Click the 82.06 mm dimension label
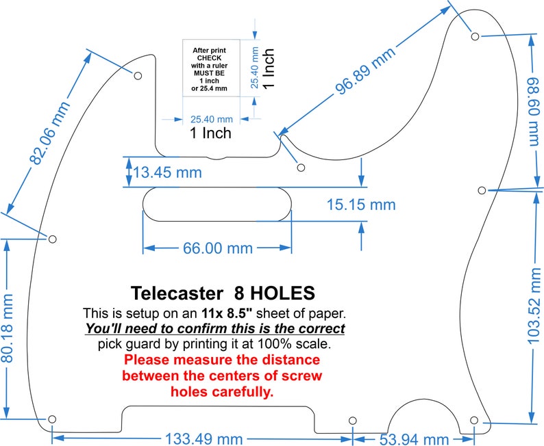pyautogui.click(x=49, y=133)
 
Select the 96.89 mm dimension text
pyautogui.click(x=365, y=70)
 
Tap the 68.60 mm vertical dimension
pyautogui.click(x=534, y=113)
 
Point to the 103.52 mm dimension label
pyautogui.click(x=534, y=306)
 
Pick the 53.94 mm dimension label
pyautogui.click(x=414, y=439)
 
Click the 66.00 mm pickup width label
pyautogui.click(x=218, y=248)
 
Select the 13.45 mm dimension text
pyautogui.click(x=168, y=172)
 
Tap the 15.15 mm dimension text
pyautogui.click(x=361, y=205)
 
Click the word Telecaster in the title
pyautogui.click(x=177, y=293)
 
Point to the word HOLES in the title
pyautogui.click(x=283, y=293)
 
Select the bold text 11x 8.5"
pyautogui.click(x=227, y=313)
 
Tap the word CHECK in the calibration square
pyautogui.click(x=209, y=58)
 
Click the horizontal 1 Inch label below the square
pyautogui.click(x=210, y=133)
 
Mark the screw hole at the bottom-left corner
pyautogui.click(x=52, y=419)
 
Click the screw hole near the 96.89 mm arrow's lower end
pyautogui.click(x=301, y=168)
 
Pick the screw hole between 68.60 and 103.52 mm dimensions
pyautogui.click(x=482, y=190)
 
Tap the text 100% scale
pyautogui.click(x=294, y=344)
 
